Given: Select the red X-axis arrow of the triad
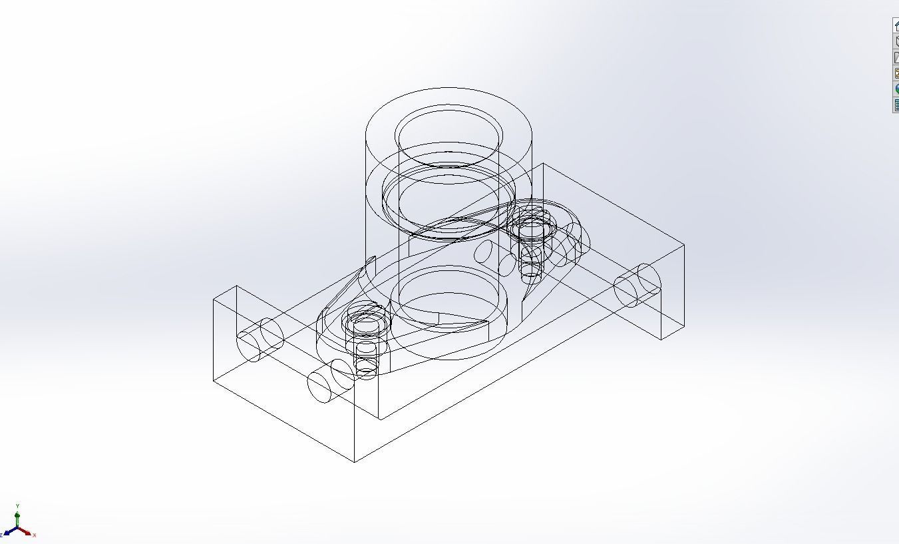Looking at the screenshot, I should pos(26,532).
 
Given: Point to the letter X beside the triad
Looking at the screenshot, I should pos(34,535).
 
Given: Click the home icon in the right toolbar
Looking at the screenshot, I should pos(896,25).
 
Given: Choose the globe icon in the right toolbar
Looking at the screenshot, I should pos(896,89).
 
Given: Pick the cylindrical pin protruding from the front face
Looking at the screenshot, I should pos(330,382).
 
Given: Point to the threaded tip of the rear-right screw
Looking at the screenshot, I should pos(530,270).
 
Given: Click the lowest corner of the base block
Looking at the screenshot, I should pos(355,461).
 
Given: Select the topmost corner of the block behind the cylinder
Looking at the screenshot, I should pos(543,163).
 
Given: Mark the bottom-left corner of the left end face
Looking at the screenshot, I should pos(214,381).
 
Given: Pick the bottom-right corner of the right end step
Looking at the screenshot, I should pos(661,340).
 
